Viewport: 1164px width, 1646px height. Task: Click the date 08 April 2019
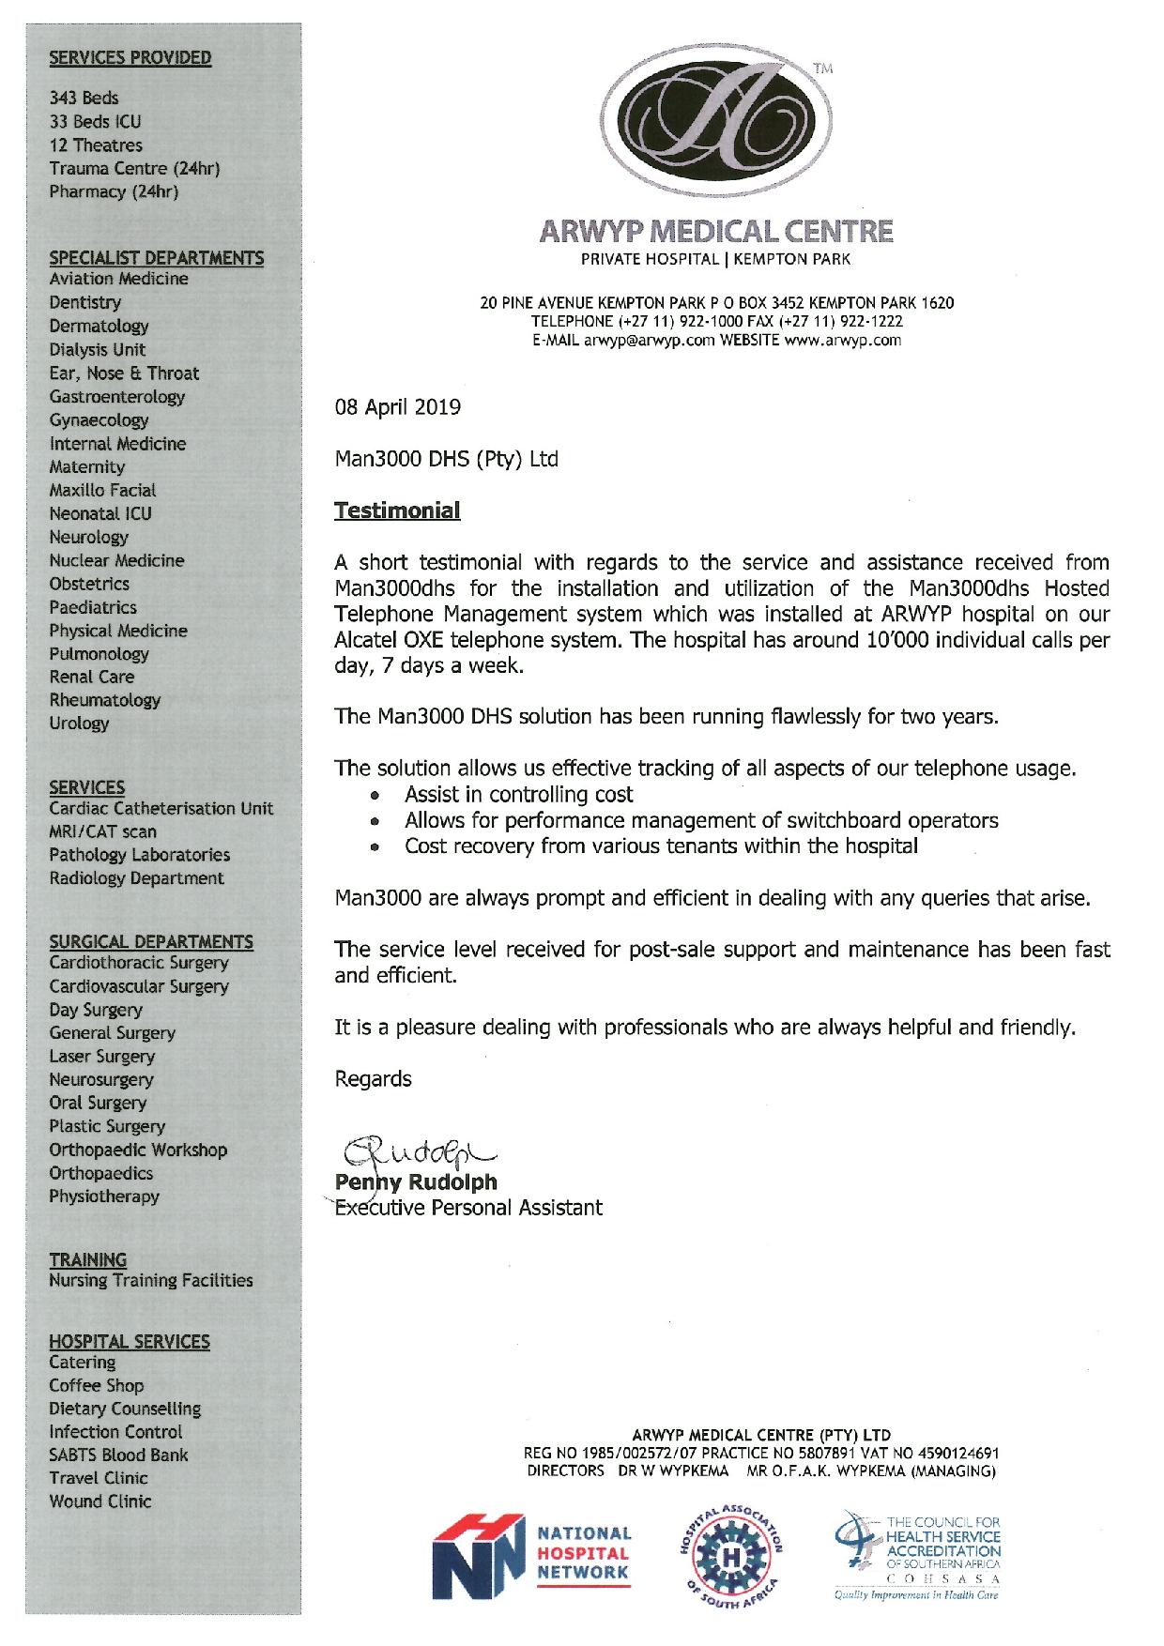pyautogui.click(x=398, y=407)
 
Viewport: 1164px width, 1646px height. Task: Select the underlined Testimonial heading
pyautogui.click(x=397, y=511)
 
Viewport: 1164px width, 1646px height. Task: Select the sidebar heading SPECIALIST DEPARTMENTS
pyautogui.click(x=157, y=257)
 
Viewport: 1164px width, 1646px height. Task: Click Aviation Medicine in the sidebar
pyautogui.click(x=119, y=279)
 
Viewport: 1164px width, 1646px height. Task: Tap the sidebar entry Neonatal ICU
pyautogui.click(x=100, y=513)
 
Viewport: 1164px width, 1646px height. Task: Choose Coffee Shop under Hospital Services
pyautogui.click(x=97, y=1385)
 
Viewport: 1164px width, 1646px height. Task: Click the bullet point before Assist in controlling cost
pyautogui.click(x=375, y=795)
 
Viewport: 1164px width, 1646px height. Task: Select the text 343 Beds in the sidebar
pyautogui.click(x=84, y=98)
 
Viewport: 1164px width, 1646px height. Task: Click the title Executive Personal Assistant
pyautogui.click(x=469, y=1208)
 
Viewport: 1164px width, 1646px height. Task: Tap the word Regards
pyautogui.click(x=374, y=1079)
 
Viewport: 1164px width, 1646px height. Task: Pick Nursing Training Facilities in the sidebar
pyautogui.click(x=151, y=1280)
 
